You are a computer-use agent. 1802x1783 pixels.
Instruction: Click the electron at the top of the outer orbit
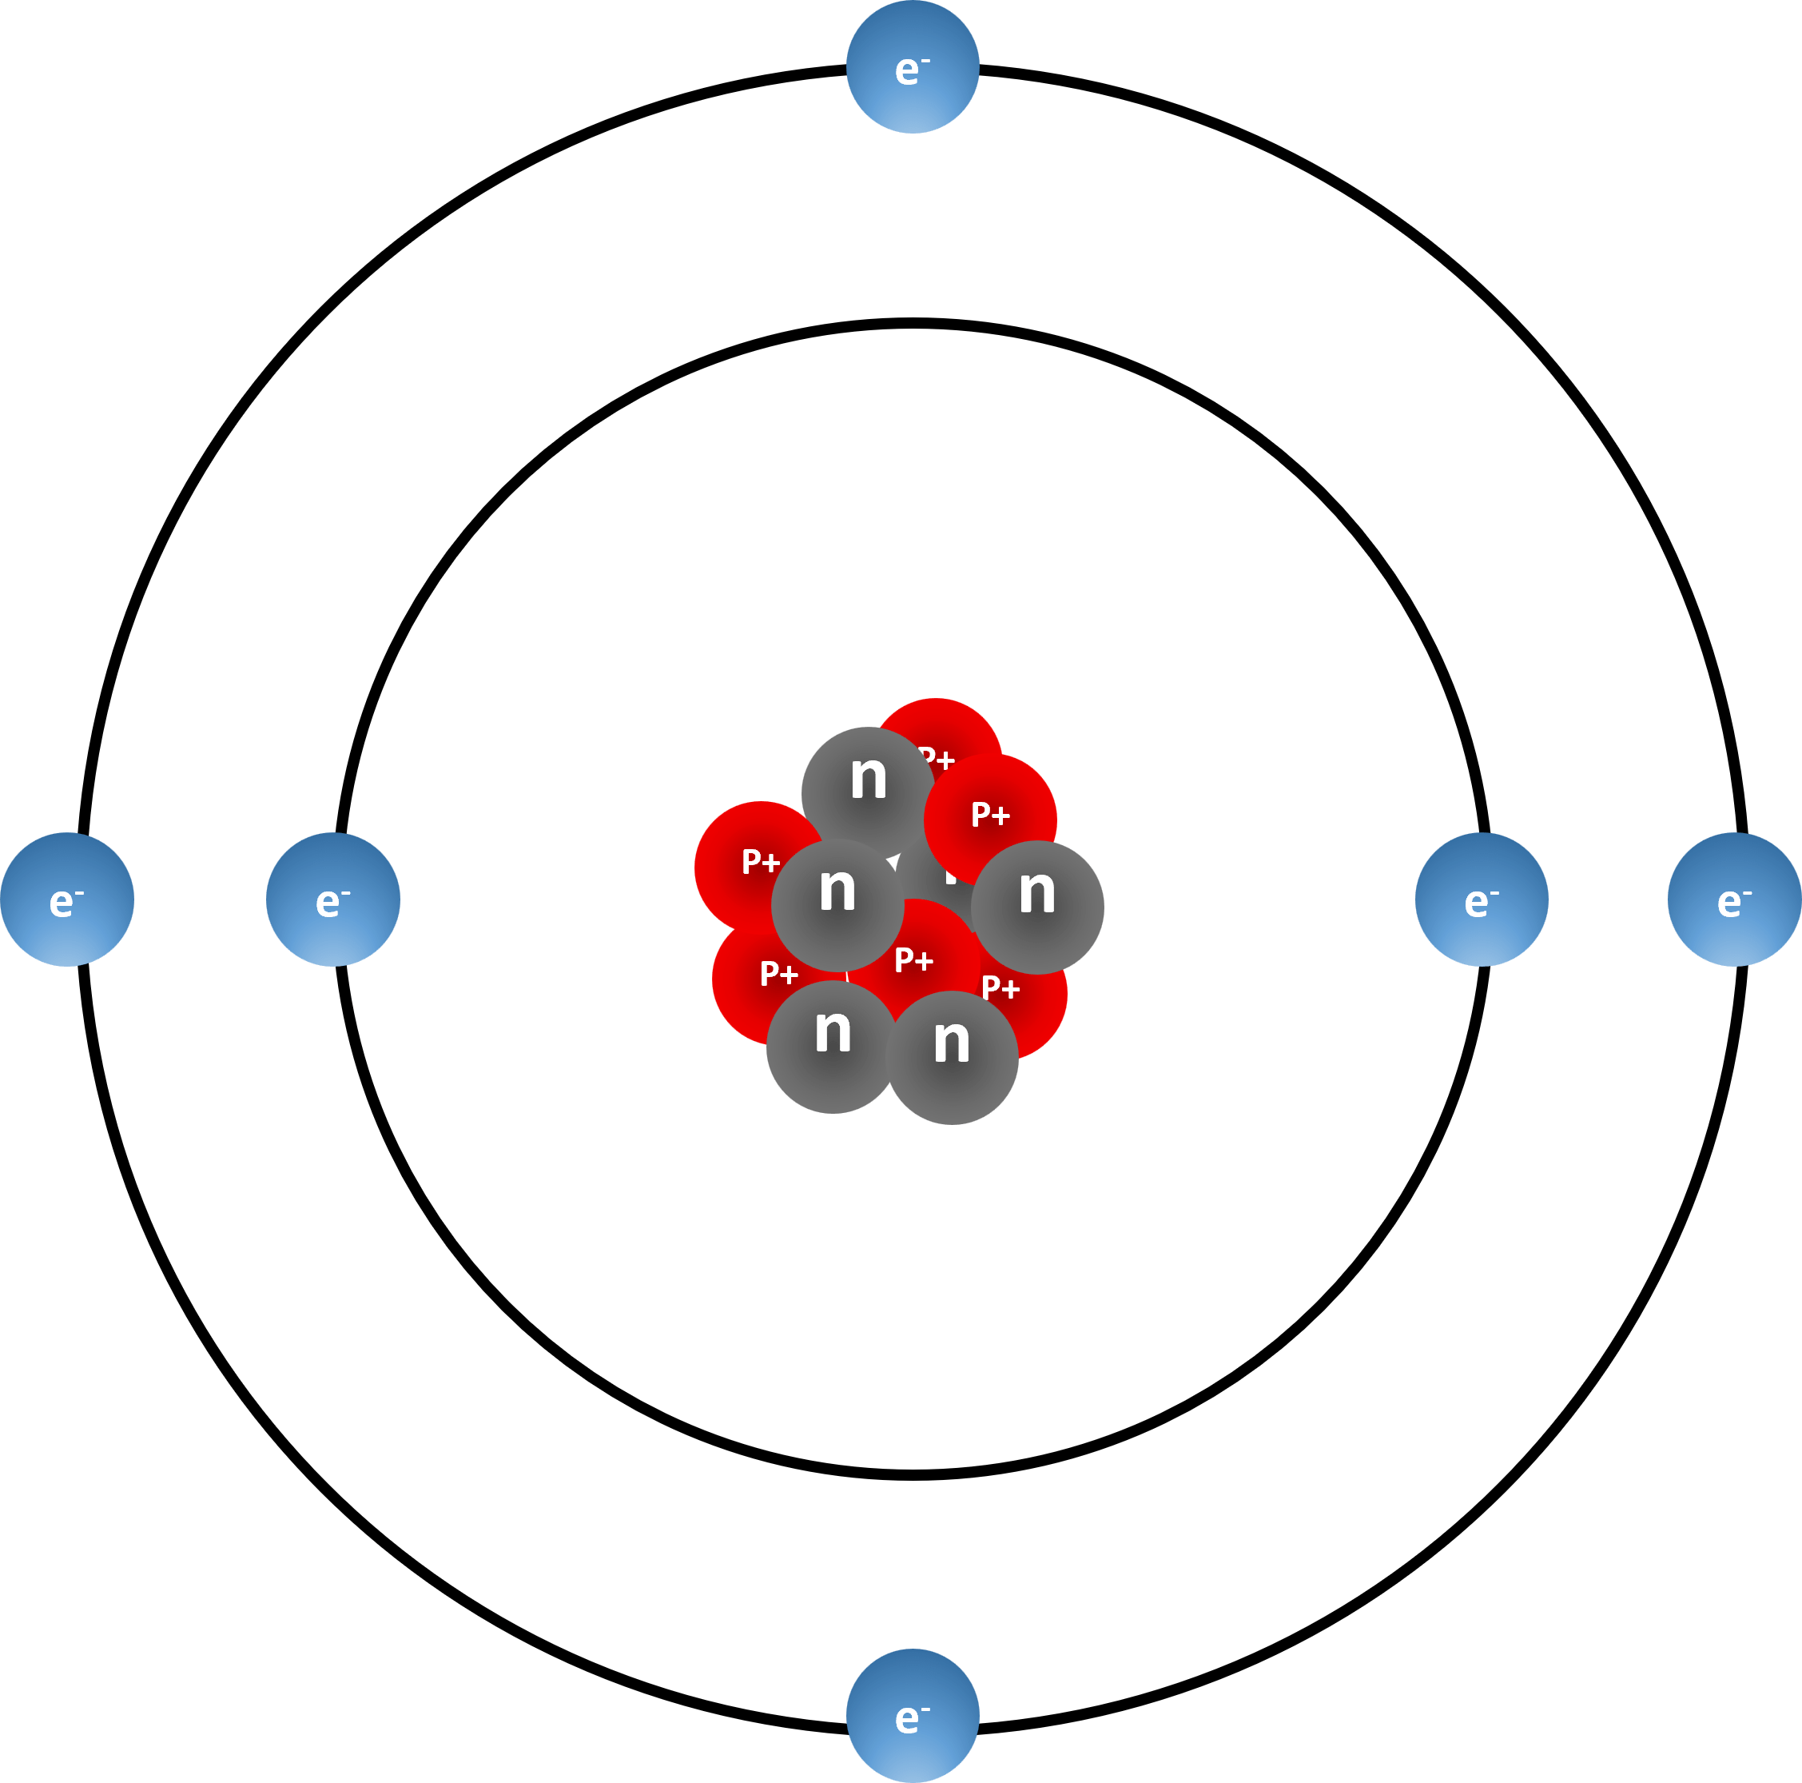[913, 67]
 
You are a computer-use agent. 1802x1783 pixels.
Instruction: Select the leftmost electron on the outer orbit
[67, 899]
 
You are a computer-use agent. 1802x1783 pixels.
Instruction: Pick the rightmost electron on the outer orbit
[1734, 899]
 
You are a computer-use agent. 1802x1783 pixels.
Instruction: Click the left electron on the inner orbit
[333, 899]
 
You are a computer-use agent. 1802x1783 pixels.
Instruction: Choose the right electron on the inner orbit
[1481, 899]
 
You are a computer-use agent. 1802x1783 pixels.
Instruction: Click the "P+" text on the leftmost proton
[760, 862]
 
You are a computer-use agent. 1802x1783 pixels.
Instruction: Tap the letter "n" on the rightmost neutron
[1037, 892]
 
